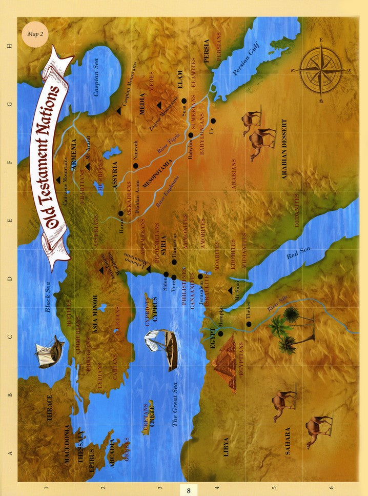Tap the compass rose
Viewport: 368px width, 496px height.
point(321,70)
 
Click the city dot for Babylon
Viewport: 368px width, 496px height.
point(190,135)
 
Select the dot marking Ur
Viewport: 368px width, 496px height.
point(213,121)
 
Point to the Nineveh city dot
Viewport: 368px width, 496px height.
point(135,166)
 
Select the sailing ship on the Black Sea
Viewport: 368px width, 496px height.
point(49,351)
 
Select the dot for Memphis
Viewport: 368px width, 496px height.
point(220,333)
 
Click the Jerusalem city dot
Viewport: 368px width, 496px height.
point(200,276)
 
